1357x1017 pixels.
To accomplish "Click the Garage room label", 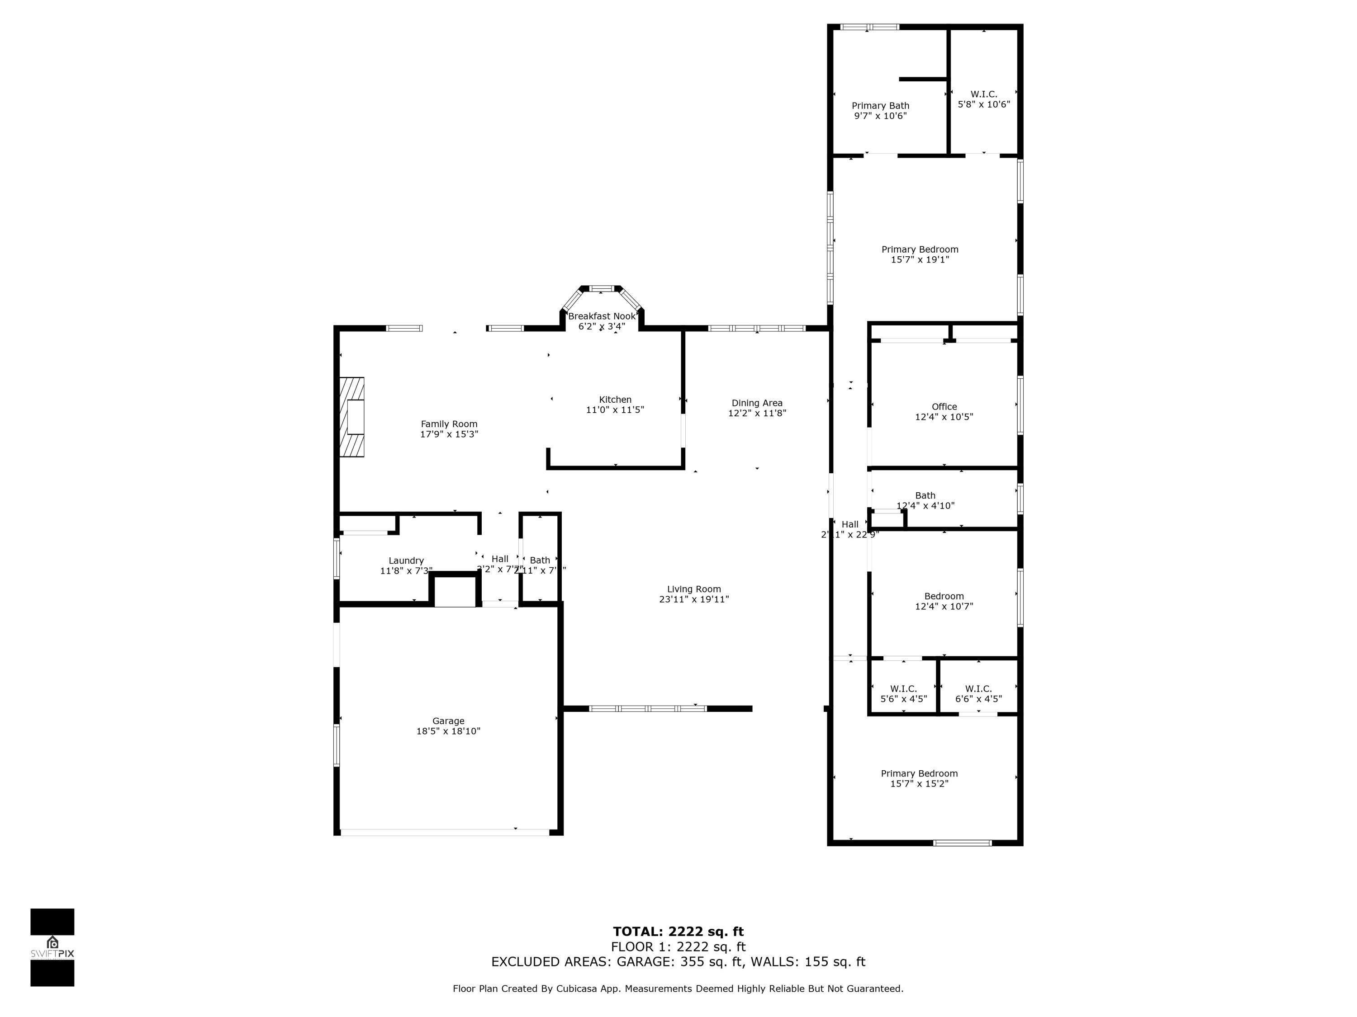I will (x=448, y=721).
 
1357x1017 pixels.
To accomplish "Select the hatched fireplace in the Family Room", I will (x=352, y=417).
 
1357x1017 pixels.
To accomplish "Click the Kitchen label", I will (x=615, y=400).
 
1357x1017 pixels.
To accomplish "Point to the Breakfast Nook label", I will (x=601, y=316).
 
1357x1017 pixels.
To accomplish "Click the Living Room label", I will (x=694, y=589).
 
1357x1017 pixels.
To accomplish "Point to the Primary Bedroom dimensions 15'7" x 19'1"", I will (x=920, y=260).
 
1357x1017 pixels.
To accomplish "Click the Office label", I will (x=944, y=406).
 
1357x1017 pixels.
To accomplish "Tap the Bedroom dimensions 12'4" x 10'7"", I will (x=944, y=606).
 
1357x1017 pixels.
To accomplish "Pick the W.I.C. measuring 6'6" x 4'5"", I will (x=978, y=693).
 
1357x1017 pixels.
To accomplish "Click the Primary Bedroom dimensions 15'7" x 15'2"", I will (x=919, y=783).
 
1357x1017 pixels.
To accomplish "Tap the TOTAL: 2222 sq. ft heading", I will (x=678, y=932).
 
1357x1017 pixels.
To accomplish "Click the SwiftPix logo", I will (x=52, y=946).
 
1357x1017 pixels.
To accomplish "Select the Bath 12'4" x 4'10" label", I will (x=925, y=500).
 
